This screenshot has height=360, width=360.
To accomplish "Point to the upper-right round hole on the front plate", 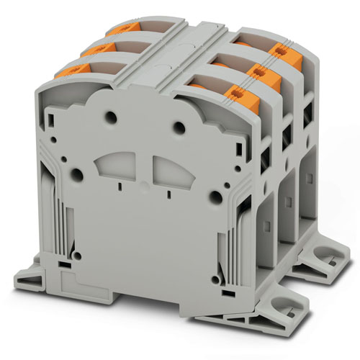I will click(x=178, y=127).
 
